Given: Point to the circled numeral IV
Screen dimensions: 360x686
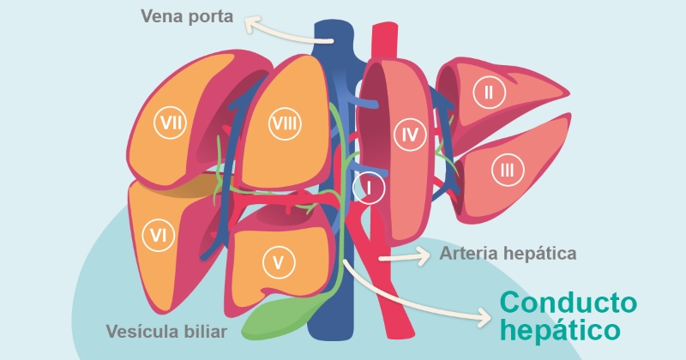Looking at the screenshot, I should [x=408, y=134].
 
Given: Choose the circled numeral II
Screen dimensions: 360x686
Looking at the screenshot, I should [x=489, y=92].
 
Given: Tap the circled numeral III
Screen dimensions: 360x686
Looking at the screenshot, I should [x=507, y=170].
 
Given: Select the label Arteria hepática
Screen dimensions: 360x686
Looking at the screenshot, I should [x=508, y=254].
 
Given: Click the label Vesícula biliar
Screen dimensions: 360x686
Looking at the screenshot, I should [x=166, y=331].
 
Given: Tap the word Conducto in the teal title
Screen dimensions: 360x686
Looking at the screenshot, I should [x=569, y=303].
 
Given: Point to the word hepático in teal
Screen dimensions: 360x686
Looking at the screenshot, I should [x=559, y=330].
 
